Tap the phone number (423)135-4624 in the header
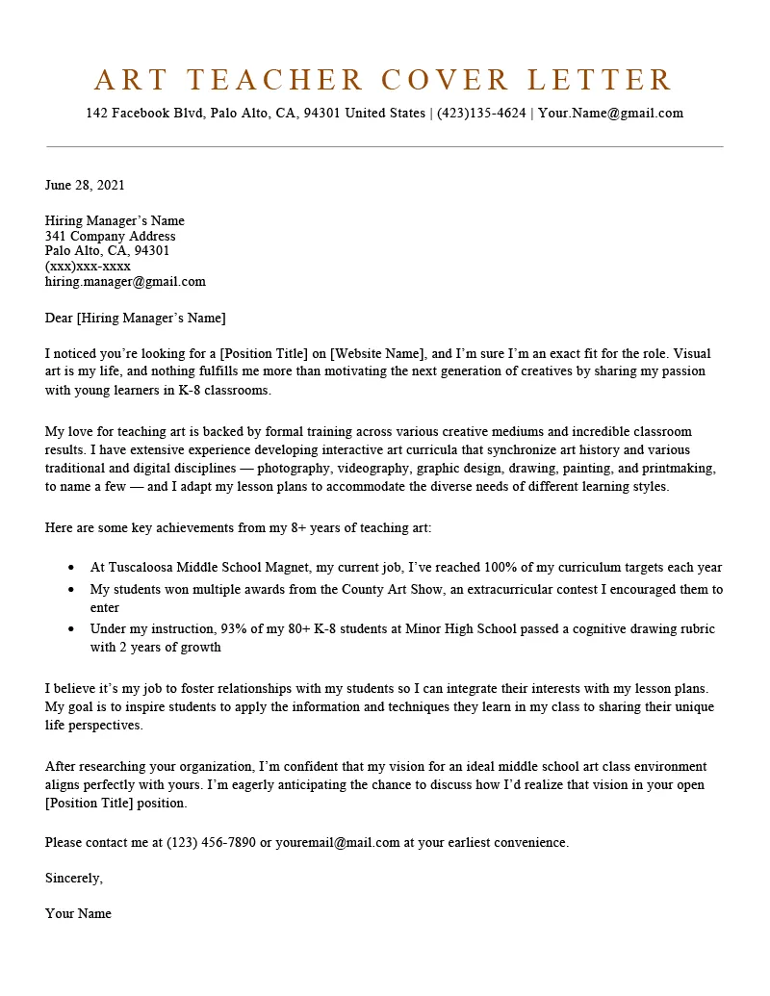pos(481,113)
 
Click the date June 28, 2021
pos(85,185)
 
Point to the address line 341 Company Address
pos(110,236)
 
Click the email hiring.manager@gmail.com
pos(125,282)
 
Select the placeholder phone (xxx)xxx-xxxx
pos(88,267)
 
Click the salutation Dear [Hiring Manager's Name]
pos(135,318)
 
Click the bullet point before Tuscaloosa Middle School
pos(72,568)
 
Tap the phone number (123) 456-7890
pos(212,842)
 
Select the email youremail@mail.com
pos(337,842)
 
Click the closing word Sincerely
pos(73,878)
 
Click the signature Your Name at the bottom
pos(78,913)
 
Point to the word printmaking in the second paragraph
pos(679,468)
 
